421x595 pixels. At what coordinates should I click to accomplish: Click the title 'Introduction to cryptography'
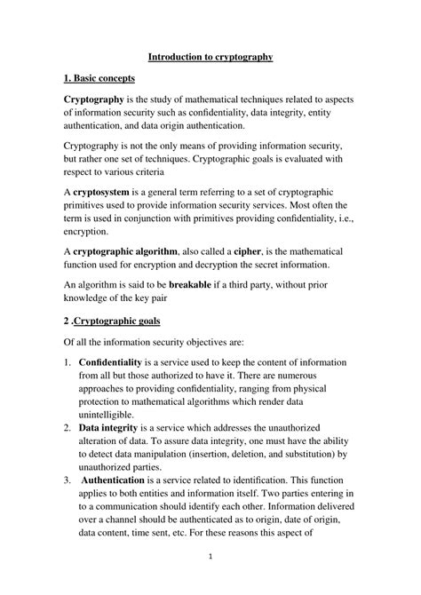(210, 57)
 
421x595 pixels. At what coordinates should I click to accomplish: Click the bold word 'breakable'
(197, 285)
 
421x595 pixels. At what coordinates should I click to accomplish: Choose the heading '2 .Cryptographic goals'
(117, 321)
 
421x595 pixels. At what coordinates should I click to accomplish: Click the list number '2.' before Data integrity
(68, 429)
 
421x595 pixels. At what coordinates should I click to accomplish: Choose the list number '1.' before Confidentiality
(68, 364)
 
